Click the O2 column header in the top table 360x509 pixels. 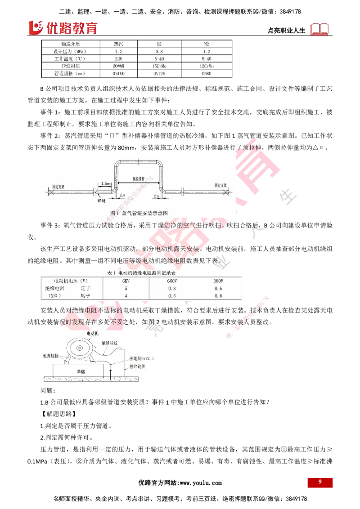click(x=158, y=44)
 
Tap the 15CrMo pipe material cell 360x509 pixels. click(x=158, y=66)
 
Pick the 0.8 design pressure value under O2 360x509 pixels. click(x=158, y=51)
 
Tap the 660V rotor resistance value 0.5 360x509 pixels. click(x=171, y=296)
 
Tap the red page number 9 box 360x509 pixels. click(x=320, y=482)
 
